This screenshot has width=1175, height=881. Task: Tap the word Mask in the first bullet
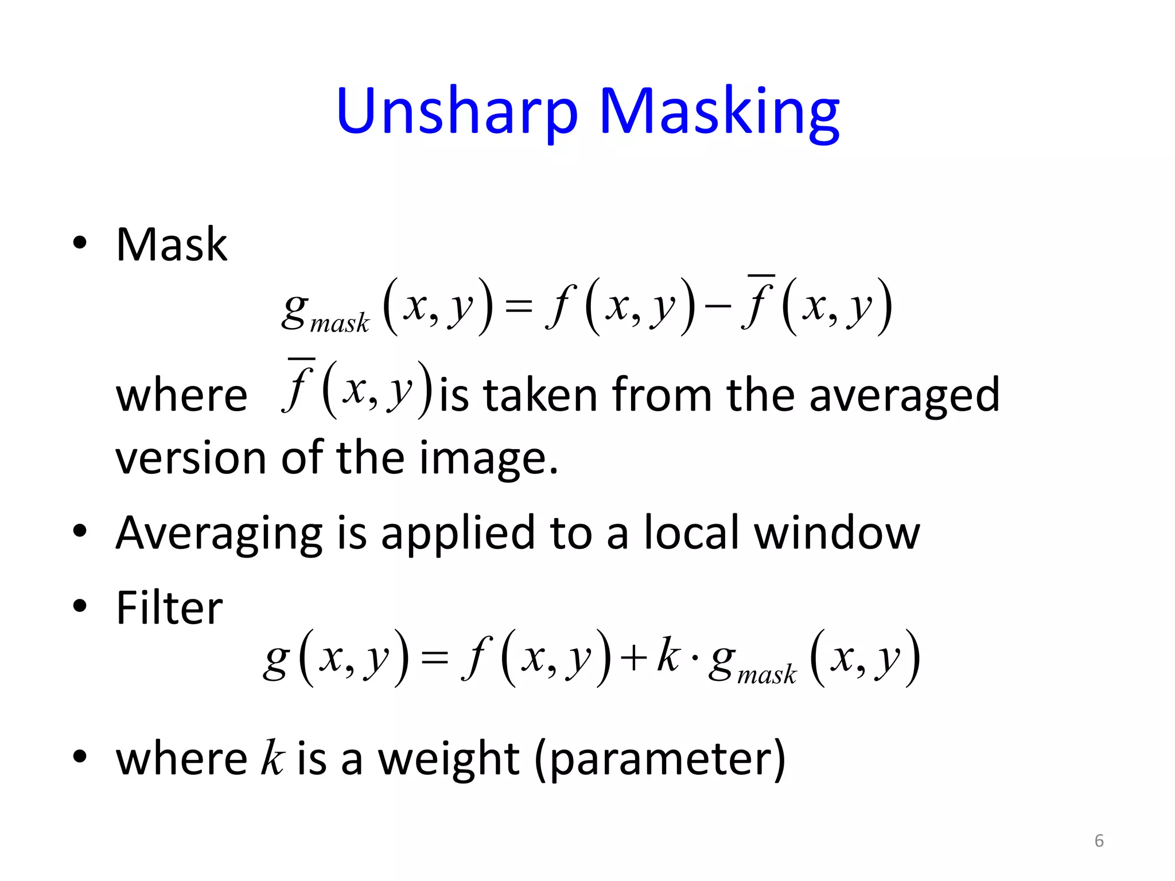(172, 245)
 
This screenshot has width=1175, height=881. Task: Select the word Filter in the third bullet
(169, 608)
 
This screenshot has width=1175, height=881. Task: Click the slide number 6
(1099, 841)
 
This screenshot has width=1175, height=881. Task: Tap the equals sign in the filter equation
(434, 657)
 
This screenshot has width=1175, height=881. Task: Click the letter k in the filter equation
(668, 654)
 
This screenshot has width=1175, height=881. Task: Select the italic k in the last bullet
(273, 758)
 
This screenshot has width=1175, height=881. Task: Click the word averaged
(904, 396)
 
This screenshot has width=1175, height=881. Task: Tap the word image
(488, 459)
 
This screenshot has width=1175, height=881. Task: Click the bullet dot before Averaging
(80, 531)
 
